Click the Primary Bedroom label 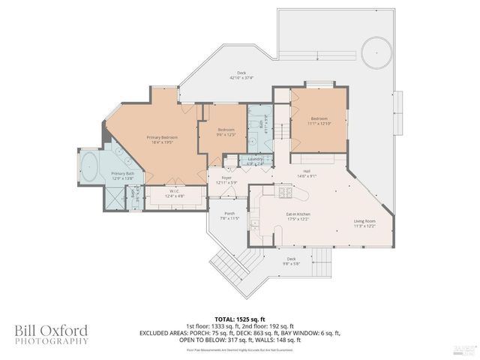click(162, 138)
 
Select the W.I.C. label click(172, 190)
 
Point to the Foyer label click(226, 178)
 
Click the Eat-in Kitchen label click(298, 214)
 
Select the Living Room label click(364, 221)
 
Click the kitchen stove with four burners click(286, 193)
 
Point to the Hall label click(307, 172)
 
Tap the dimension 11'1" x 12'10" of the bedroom click(319, 123)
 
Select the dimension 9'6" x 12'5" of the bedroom click(226, 133)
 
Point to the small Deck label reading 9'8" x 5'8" click(292, 262)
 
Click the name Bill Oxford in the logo click(51, 330)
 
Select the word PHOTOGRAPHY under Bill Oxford click(51, 341)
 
